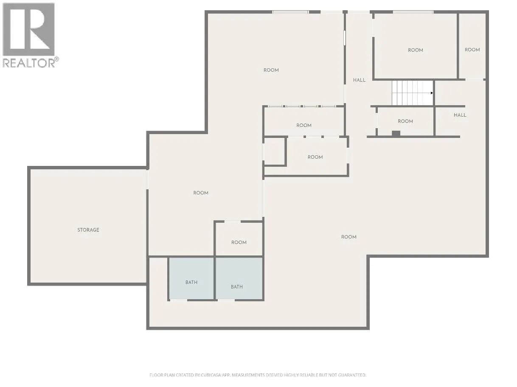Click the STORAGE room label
click(x=88, y=230)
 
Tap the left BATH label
click(x=191, y=282)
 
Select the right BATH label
click(x=237, y=286)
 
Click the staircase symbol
click(x=413, y=93)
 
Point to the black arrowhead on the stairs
click(x=432, y=93)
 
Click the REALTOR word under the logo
click(x=29, y=63)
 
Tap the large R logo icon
click(x=28, y=29)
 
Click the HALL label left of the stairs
click(x=359, y=80)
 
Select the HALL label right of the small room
click(x=460, y=115)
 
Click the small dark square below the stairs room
click(x=396, y=134)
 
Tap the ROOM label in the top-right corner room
click(x=472, y=50)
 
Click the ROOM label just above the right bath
click(x=239, y=242)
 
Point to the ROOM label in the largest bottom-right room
click(x=348, y=237)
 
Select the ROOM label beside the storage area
click(x=201, y=193)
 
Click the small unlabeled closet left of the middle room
click(x=275, y=151)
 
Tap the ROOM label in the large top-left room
click(x=271, y=70)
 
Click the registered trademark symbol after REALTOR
click(x=56, y=59)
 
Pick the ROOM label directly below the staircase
click(x=405, y=121)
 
